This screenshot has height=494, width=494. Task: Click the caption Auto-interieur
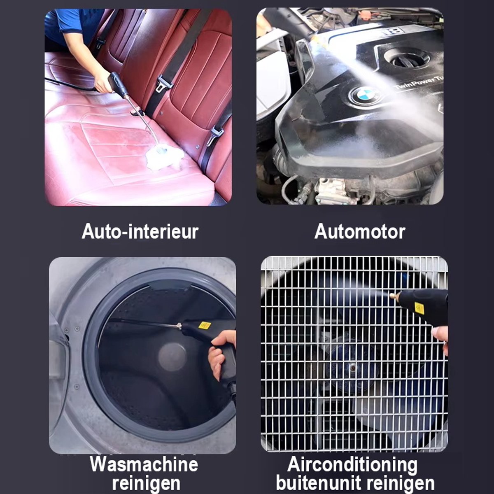[140, 231]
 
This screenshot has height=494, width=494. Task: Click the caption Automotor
[360, 231]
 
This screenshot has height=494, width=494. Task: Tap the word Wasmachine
[144, 464]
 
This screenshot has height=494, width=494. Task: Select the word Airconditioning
[352, 464]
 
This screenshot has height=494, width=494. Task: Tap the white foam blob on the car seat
[164, 157]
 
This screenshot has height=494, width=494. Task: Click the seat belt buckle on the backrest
[164, 83]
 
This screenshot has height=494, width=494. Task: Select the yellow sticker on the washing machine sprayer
[204, 325]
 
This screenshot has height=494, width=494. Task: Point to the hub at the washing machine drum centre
[172, 357]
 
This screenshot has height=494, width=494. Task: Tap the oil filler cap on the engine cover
[408, 59]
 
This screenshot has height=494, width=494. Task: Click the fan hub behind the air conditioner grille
[352, 368]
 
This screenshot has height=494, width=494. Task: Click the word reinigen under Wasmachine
[146, 483]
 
